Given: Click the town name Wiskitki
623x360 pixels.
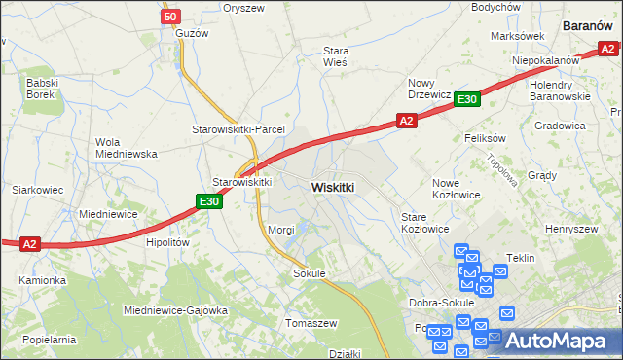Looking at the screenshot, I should coord(333,186).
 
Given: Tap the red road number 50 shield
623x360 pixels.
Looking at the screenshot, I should coord(171,18).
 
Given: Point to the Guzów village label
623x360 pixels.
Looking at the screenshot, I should coord(191,33).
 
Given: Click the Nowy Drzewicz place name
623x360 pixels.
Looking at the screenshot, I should coord(428,89).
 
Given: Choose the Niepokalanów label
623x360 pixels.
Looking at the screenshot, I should coord(546,59).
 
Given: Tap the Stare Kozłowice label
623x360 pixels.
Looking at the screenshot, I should coord(425,223).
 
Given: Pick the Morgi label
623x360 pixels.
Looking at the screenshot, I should coord(281,230).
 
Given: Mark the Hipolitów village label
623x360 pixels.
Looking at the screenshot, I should coord(165,243).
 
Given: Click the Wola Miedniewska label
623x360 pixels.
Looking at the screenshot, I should coord(126,147).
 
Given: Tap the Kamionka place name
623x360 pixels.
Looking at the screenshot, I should coord(42,280).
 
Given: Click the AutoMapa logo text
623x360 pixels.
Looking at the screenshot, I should coord(562,342).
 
